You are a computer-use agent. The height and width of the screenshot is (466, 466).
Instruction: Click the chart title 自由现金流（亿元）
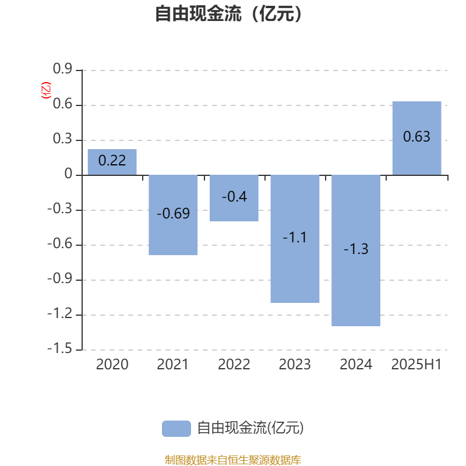point(228,13)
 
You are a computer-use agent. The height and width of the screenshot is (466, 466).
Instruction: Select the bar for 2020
point(112,162)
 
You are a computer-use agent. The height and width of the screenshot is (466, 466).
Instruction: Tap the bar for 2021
point(173,215)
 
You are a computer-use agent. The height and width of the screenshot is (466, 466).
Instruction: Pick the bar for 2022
point(234,198)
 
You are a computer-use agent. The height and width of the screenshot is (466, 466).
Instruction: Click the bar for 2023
point(295,239)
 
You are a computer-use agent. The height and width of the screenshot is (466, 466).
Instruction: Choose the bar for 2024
point(356,250)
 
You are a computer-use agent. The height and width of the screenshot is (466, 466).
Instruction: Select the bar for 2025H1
point(416,138)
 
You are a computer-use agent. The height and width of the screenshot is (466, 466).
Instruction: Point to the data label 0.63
point(416,137)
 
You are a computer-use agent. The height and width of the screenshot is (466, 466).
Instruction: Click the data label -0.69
point(173,213)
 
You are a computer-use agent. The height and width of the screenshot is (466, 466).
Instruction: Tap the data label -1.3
point(356,249)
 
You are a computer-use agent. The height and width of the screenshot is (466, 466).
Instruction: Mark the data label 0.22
point(112,161)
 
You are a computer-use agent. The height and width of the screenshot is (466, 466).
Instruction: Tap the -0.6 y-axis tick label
point(60,243)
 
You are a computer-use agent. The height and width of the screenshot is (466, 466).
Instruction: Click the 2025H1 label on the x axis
point(416,365)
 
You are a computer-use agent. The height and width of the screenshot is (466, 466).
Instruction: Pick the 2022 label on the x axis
point(234,365)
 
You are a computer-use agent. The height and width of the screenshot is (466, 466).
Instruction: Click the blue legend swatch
point(176,429)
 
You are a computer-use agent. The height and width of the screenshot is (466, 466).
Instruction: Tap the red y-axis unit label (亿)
point(46,90)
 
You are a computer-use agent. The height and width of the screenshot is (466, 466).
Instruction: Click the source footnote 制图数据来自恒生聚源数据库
point(232,460)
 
